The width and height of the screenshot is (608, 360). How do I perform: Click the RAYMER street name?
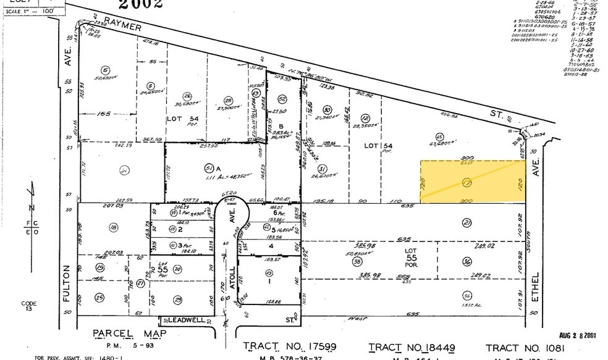point(123,25)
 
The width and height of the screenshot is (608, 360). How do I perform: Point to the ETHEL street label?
point(536,288)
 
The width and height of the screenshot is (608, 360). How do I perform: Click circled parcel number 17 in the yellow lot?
point(467,183)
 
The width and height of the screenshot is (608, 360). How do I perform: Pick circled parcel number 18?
point(113,228)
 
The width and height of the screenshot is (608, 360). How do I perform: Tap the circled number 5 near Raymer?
point(106,70)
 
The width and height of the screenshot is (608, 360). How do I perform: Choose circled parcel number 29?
point(178,298)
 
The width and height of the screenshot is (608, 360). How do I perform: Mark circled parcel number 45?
point(439,137)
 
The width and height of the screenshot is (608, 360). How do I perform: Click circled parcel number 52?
point(282,98)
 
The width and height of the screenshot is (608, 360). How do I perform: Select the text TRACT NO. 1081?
point(523,348)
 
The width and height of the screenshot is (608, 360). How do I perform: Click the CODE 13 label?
point(29,306)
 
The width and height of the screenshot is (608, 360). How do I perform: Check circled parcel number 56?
point(467,295)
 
